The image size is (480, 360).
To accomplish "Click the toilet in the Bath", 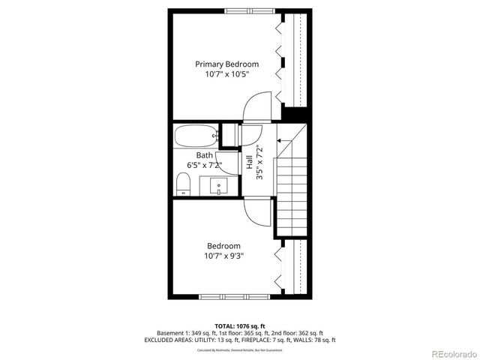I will [183, 184].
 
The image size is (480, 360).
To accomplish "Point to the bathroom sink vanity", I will [220, 185].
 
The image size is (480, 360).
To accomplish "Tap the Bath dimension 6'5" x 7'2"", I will [204, 166].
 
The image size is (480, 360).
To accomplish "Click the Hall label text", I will [249, 161].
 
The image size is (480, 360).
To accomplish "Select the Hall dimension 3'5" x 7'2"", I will [259, 161].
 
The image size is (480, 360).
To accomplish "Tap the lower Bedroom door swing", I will [257, 214].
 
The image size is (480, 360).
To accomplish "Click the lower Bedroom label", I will [223, 246].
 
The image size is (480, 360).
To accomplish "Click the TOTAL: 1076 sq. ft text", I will [240, 326].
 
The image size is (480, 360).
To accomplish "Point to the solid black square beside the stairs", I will [297, 115].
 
